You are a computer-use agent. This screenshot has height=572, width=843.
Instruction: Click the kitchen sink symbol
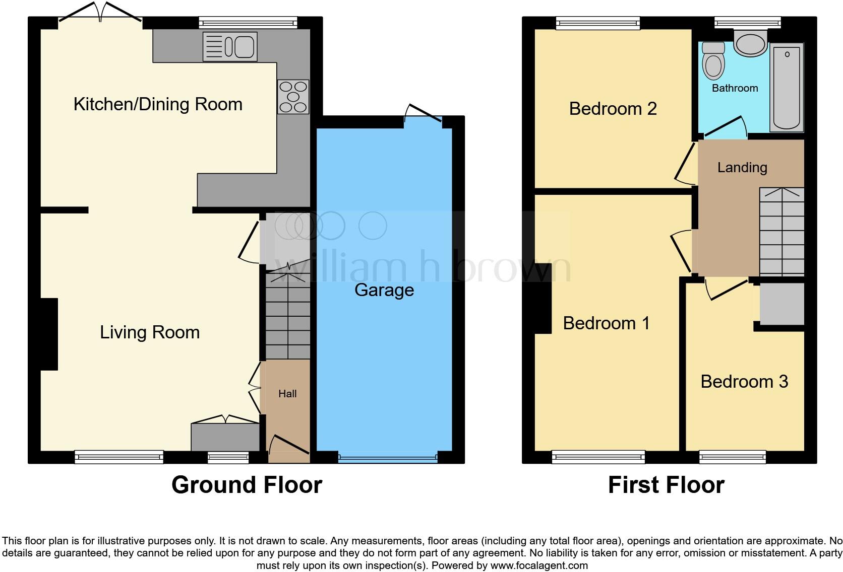coord(230,47)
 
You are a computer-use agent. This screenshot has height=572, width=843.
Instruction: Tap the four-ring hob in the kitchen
coord(293,97)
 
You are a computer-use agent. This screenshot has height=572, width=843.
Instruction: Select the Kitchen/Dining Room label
coord(158,104)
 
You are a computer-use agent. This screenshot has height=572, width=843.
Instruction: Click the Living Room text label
coord(150,332)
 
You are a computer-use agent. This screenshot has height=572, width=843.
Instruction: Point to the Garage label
coord(384,290)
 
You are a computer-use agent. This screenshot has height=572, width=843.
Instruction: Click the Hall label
coord(287,394)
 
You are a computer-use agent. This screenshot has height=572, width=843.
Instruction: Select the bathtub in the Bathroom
coord(787,87)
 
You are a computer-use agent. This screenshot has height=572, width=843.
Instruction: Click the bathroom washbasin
coord(750,42)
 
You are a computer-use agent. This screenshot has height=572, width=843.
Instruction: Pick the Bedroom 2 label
coord(613,109)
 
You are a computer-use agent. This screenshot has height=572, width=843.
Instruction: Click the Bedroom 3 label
coord(744,382)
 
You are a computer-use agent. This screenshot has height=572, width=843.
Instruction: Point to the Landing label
coord(742,168)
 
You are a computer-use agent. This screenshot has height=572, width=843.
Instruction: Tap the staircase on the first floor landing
coord(781,232)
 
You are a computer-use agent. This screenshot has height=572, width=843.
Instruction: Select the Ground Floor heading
coord(247,485)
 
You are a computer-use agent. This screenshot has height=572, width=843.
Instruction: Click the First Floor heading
coord(666,485)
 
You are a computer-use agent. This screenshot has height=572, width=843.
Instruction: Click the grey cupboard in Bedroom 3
coord(781,304)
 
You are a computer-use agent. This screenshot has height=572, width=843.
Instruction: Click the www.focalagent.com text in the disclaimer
coord(539,565)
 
